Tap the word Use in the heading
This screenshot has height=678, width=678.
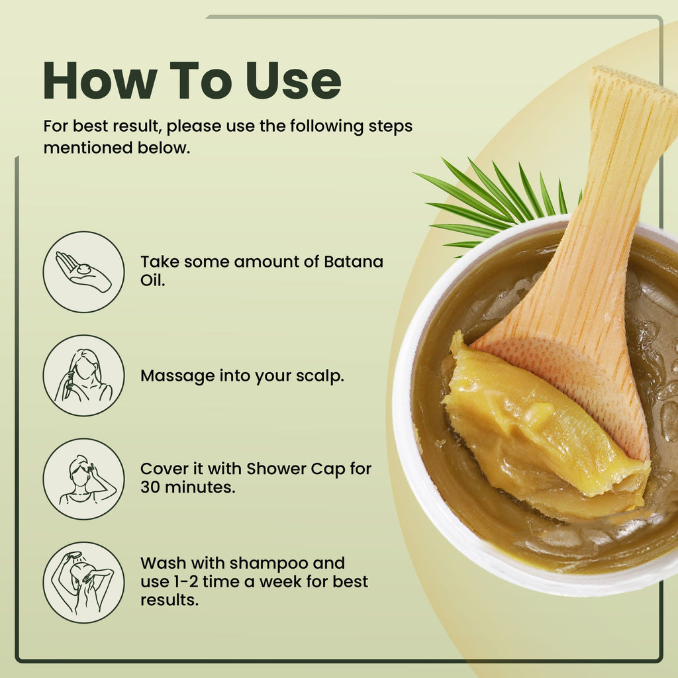coord(293,81)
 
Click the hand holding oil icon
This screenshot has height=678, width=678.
coord(83,272)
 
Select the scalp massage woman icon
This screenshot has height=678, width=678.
coord(83,375)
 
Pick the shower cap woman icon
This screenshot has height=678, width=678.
coord(83,479)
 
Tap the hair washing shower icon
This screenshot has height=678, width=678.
coord(83,583)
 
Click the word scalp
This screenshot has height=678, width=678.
coord(320,376)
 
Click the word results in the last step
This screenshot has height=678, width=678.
coord(169,600)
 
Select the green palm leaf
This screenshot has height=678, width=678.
coord(497,203)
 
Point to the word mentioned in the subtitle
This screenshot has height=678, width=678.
coord(88,148)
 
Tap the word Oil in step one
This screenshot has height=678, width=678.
coord(153,280)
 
